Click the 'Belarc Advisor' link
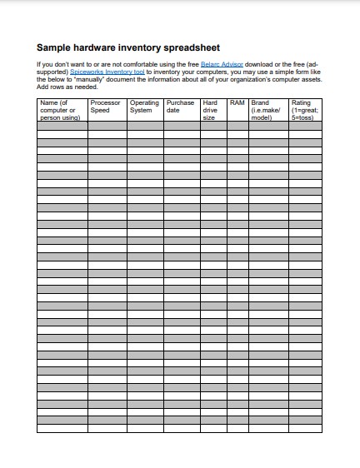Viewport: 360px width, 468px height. click(222, 64)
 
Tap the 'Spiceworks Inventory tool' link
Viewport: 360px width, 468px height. click(107, 72)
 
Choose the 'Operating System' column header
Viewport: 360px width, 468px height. click(144, 107)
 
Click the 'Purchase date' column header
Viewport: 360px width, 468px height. click(181, 107)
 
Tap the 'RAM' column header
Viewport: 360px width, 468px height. click(237, 103)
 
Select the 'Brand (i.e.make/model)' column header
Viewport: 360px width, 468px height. click(267, 110)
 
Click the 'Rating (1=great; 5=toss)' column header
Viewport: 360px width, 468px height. click(304, 110)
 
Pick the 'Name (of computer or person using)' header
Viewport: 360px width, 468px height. click(62, 110)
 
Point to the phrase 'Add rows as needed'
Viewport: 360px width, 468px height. click(62, 87)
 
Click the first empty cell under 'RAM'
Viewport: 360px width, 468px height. click(237, 126)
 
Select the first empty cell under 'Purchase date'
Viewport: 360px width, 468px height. click(181, 126)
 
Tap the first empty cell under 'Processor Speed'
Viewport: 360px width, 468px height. click(107, 126)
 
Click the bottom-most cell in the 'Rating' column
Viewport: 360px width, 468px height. click(304, 429)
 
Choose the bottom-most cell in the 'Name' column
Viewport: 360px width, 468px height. click(62, 429)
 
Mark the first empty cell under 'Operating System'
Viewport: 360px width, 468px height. click(145, 126)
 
